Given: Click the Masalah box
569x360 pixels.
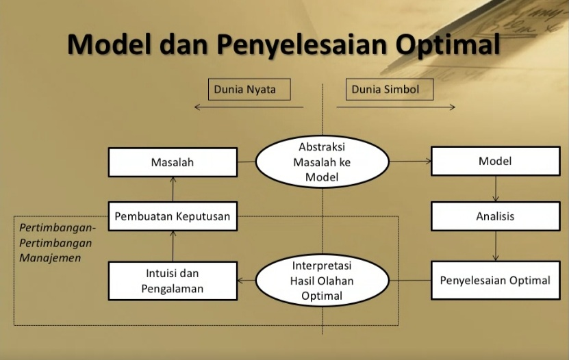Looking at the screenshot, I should coord(173,162).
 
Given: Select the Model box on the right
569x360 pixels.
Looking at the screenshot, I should coord(495,162).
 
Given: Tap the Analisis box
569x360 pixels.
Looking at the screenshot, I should coord(495,216).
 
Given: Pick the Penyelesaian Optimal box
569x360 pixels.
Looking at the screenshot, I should coord(495,280).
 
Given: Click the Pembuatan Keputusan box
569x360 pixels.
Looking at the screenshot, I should coord(173,216).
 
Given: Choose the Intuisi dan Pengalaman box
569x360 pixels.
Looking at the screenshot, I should coord(173,281).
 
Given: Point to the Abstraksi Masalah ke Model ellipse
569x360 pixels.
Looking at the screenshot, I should coord(323,162).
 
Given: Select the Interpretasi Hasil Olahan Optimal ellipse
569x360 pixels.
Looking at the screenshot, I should coord(323,281).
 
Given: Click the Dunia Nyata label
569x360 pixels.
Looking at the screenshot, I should coord(249,89).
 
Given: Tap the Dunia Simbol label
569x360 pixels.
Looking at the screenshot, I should coord(385,89).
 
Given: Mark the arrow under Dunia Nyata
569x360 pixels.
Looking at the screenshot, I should coord(248,107).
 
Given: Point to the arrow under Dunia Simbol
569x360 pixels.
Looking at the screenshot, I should coord(396,107).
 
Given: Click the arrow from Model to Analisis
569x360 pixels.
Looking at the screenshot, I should coord(496,188).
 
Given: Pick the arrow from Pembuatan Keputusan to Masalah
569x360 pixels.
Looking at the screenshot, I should coord(173,189).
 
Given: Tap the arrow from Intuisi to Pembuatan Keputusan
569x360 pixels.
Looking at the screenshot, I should coord(173,246).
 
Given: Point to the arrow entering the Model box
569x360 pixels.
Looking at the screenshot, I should coord(411,162).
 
